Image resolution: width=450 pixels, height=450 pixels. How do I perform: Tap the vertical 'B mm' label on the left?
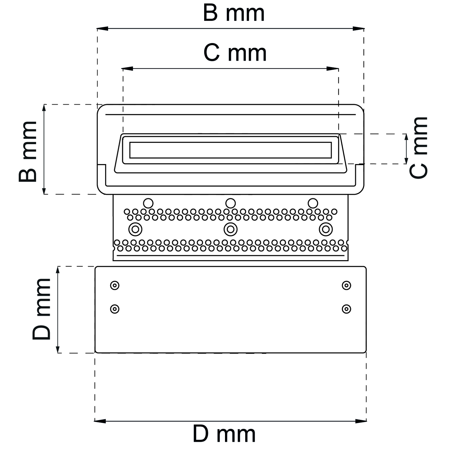point(28,151)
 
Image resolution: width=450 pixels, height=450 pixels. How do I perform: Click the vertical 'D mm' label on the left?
point(41,309)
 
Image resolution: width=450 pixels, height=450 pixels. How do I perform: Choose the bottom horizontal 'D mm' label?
point(224,434)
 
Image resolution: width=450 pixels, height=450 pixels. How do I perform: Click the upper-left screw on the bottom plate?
point(115,285)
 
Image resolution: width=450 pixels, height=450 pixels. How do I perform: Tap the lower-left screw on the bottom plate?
point(115,309)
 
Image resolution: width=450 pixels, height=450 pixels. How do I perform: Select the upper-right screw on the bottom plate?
point(346,285)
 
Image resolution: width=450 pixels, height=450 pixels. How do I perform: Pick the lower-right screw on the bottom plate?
point(346,309)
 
